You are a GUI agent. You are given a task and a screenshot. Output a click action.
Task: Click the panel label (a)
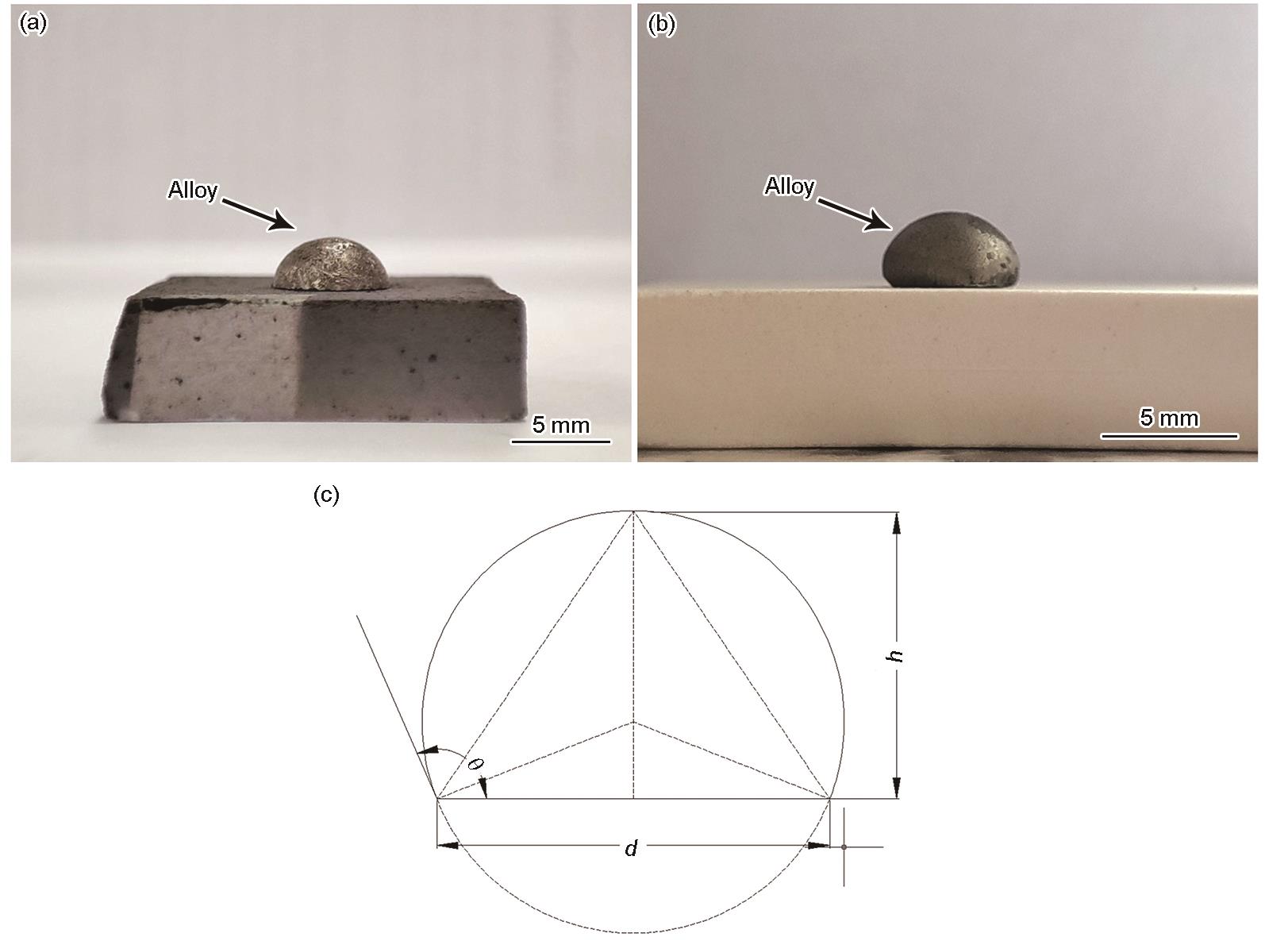33,25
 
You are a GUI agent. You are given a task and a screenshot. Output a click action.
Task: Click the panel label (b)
661,25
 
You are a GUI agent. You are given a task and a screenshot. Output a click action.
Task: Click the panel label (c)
326,496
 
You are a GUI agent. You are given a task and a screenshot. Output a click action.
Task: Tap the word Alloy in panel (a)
193,191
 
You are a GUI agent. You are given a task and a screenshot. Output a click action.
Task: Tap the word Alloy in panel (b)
790,187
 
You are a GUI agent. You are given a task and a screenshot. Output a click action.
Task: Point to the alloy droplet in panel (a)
331,264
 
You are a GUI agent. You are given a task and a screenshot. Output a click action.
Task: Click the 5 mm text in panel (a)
561,425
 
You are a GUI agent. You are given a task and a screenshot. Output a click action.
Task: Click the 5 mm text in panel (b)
1169,418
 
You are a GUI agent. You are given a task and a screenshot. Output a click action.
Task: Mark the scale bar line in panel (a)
561,442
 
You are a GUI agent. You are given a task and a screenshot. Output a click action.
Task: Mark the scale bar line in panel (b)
1169,437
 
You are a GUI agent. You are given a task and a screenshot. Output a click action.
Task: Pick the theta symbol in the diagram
475,765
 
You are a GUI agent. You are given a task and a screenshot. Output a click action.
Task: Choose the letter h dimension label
896,656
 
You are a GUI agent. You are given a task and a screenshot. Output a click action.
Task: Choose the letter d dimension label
632,848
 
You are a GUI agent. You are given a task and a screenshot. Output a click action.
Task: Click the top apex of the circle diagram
633,511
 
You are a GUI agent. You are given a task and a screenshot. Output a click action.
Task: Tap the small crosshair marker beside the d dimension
844,847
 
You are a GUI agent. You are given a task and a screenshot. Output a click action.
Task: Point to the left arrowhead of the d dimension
448,846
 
